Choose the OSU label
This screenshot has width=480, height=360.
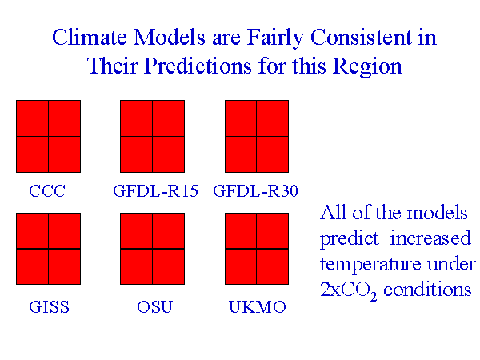154,307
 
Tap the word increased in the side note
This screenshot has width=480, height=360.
431,239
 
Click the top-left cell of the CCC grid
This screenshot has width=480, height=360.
32,118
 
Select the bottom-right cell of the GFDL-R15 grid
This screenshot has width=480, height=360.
168,154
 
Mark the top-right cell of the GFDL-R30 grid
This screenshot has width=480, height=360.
272,118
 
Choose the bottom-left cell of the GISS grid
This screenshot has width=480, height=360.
32,266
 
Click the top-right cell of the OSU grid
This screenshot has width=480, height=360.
168,231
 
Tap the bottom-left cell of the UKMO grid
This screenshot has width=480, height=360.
240,266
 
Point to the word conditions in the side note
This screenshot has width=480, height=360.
432,290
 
